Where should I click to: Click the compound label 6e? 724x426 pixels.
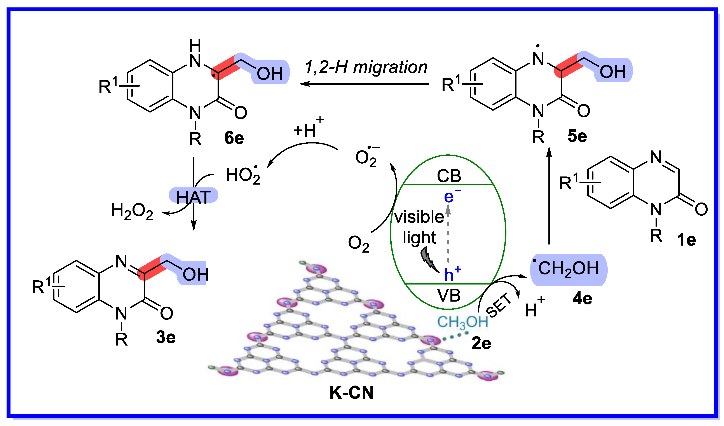click(x=234, y=138)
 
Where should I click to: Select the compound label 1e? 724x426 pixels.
click(x=686, y=240)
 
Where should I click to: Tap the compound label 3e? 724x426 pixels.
click(x=166, y=337)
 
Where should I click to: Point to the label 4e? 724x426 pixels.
click(x=582, y=299)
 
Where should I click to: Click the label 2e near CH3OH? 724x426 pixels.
click(x=481, y=343)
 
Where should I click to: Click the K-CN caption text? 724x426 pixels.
click(x=352, y=393)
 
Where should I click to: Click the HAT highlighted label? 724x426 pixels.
click(x=193, y=197)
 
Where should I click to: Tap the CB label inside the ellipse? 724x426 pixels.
click(x=449, y=176)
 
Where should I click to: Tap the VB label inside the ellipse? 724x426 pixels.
click(x=449, y=295)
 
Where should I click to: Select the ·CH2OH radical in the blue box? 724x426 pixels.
click(x=568, y=269)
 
